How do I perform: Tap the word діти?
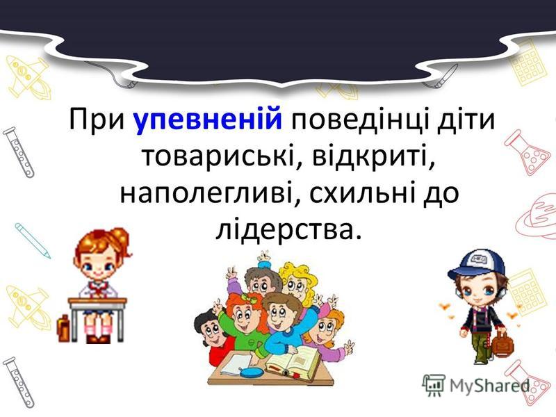464,121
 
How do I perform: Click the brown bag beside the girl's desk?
63,329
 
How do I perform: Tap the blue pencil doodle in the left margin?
31,238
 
